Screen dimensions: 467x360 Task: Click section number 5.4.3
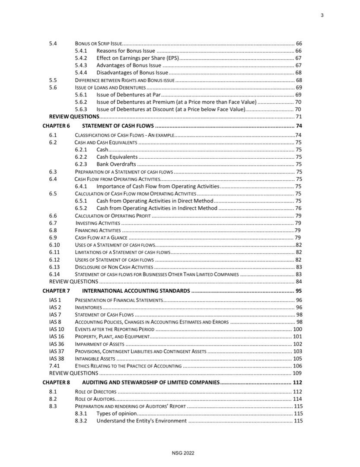(x=81, y=65)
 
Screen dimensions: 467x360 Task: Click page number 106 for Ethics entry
(x=297, y=366)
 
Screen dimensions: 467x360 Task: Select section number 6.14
(x=54, y=275)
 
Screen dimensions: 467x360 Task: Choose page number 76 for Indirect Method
(x=298, y=208)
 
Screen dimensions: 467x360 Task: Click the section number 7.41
(x=54, y=366)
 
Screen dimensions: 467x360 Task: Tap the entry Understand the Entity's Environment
(x=141, y=421)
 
